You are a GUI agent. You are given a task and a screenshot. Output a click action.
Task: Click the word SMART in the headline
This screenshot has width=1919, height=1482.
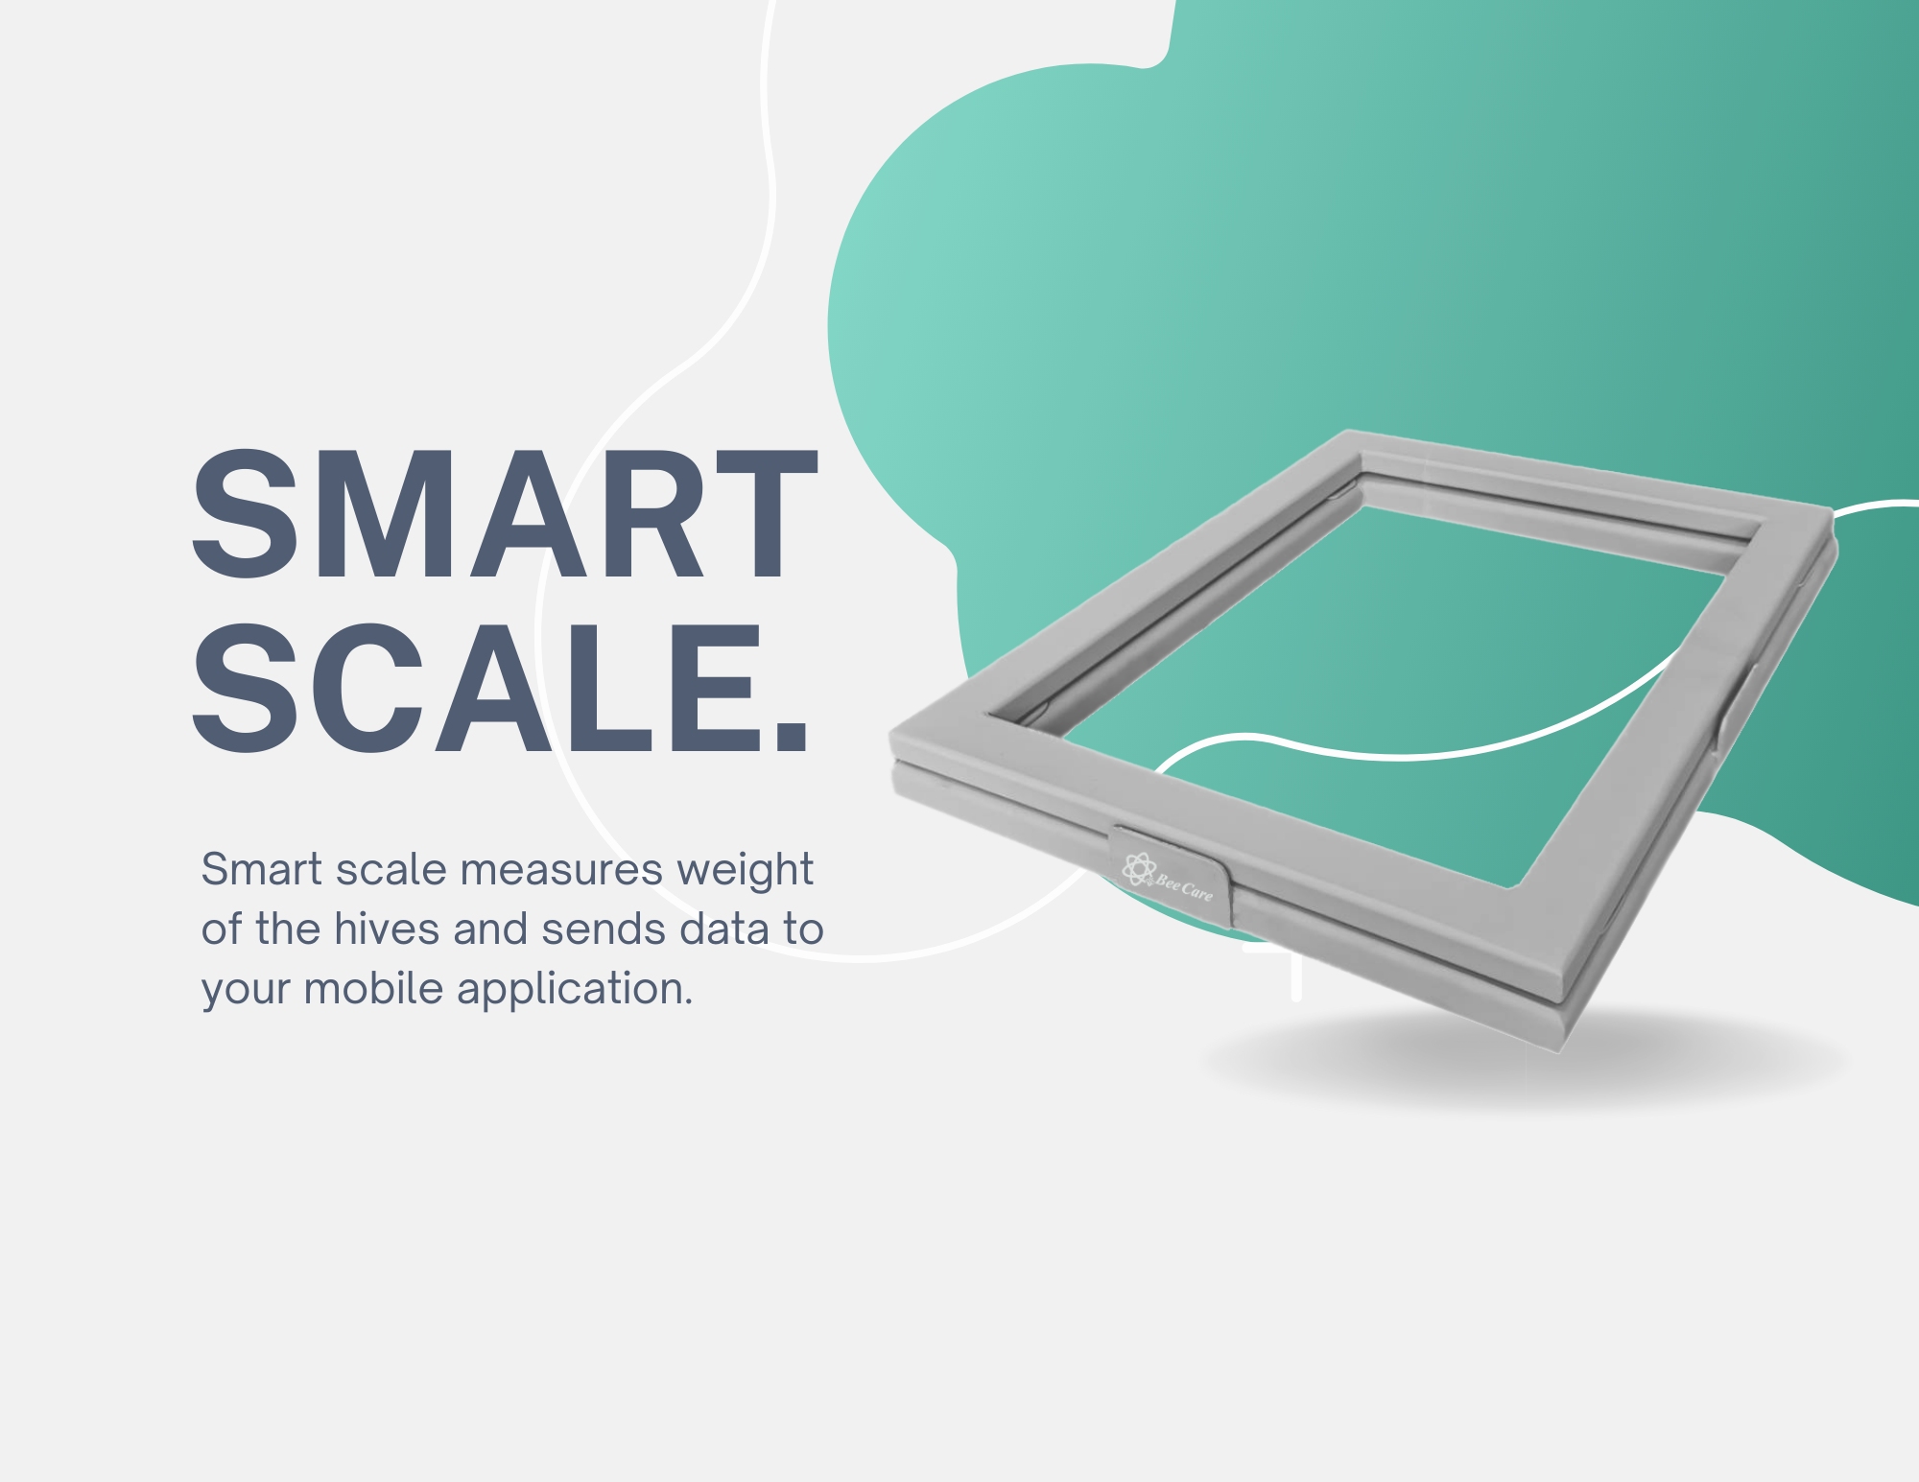coord(505,514)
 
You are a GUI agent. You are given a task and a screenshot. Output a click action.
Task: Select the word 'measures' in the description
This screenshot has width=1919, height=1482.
coord(561,870)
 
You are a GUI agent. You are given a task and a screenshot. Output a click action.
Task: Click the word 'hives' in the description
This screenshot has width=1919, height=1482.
coord(387,929)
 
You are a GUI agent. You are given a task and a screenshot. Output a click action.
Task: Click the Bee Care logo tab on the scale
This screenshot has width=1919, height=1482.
coord(1169,867)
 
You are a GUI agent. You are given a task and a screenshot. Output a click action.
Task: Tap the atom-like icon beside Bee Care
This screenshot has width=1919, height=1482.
coord(1139,869)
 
